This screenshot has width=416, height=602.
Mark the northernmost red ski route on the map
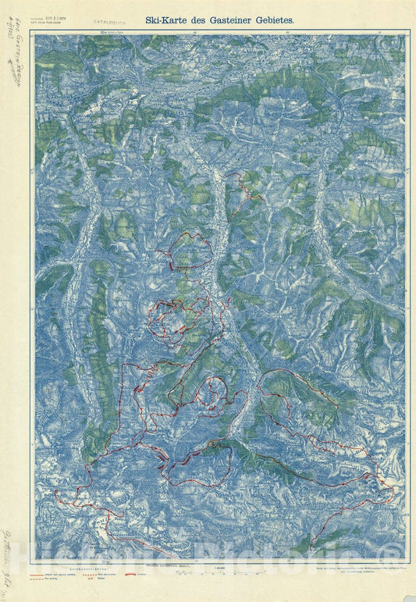click(x=241, y=191)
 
